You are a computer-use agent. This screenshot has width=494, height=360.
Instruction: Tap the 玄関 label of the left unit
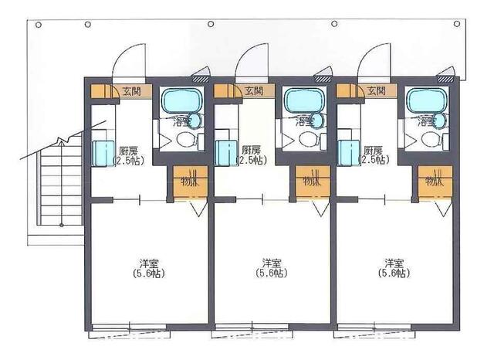131,91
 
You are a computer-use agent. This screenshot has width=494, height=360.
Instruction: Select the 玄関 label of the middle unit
254,91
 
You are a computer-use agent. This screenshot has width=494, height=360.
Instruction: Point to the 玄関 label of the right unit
377,91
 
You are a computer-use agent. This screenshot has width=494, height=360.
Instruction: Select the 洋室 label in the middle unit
271,262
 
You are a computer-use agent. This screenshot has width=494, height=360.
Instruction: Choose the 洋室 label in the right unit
394,262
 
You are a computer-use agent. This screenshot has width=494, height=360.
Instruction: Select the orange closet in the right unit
434,182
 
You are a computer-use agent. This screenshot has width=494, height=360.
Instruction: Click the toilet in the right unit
431,139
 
